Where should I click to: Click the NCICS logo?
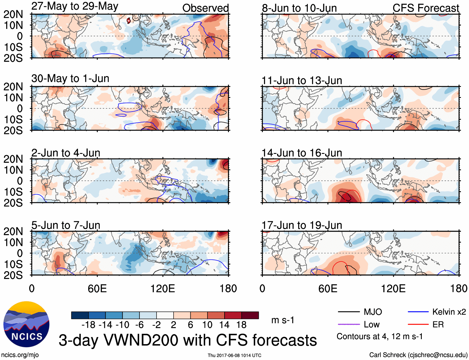26,324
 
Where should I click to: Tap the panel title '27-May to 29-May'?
75,7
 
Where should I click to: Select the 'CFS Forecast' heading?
426,8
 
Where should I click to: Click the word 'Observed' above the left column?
205,8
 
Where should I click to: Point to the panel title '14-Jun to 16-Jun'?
302,153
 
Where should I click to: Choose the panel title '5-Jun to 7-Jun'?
66,225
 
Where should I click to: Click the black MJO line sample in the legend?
348,312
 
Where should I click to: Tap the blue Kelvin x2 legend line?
418,312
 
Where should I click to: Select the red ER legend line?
418,325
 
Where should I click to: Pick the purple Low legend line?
348,325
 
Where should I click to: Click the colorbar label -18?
89,325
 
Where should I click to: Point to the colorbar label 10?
207,325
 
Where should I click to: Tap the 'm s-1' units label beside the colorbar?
283,320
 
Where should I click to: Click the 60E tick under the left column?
97,288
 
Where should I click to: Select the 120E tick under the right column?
393,288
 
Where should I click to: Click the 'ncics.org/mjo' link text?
20,355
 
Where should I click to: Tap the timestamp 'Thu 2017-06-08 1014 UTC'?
234,355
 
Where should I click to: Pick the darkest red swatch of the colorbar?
250,315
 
